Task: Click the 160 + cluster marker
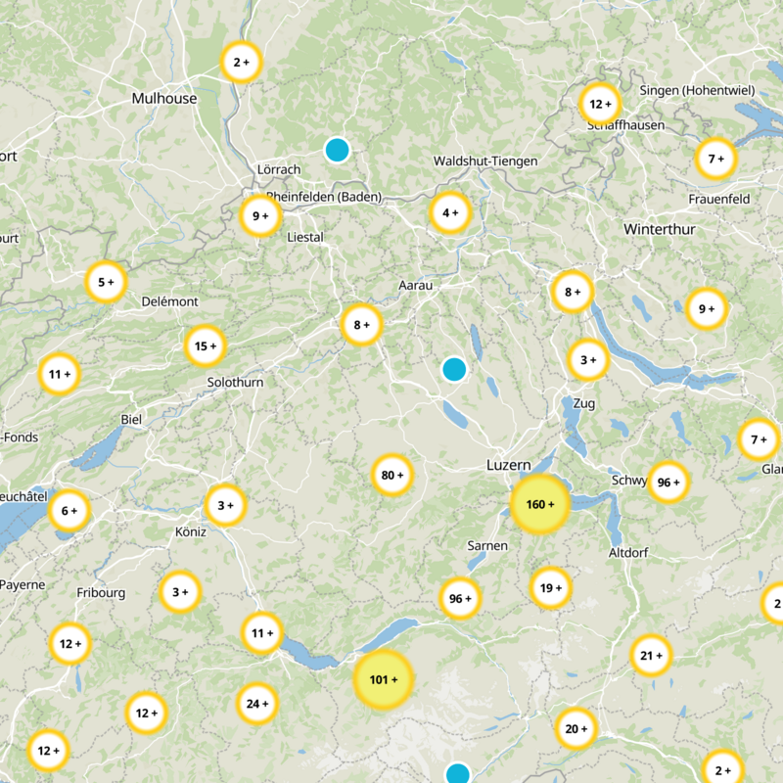(x=539, y=505)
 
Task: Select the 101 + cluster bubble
(x=384, y=678)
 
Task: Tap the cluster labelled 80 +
(x=392, y=476)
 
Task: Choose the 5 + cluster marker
(x=106, y=283)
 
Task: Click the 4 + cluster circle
(x=450, y=213)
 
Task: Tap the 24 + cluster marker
(x=257, y=704)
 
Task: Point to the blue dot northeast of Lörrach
(x=337, y=150)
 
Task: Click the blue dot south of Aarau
(x=453, y=369)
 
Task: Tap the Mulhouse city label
(x=164, y=99)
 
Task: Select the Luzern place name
(x=508, y=466)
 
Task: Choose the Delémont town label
(x=170, y=301)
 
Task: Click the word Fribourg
(x=101, y=593)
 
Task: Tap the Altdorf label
(x=628, y=553)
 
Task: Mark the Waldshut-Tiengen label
(x=485, y=161)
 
